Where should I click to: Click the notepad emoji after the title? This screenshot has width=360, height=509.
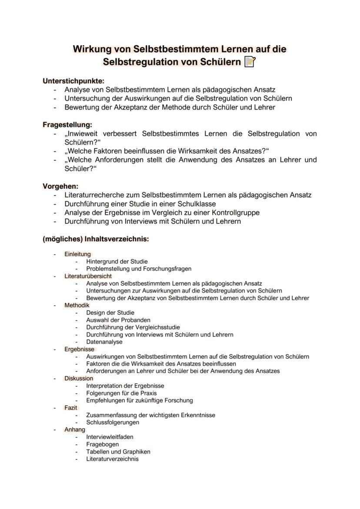tap(250, 62)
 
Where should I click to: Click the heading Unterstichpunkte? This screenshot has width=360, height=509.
tap(73, 80)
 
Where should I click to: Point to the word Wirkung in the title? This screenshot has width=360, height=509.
tap(92, 49)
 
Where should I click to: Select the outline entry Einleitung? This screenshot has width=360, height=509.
tap(77, 254)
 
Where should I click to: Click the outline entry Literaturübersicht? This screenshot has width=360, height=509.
tap(88, 276)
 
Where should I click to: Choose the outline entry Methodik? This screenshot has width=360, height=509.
tap(77, 305)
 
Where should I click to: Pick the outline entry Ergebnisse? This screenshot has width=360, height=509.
tap(79, 349)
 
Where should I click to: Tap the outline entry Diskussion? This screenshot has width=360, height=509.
tap(79, 378)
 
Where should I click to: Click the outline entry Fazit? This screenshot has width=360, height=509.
tap(71, 408)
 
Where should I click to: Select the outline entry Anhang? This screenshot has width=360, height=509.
tap(75, 429)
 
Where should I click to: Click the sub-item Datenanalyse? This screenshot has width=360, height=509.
tap(104, 342)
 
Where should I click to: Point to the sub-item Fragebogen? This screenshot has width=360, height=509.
tap(103, 444)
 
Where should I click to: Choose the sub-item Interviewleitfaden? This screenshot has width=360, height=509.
tap(110, 437)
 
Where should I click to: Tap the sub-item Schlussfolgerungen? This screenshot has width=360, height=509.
tap(113, 422)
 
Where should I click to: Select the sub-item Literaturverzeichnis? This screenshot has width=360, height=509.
tap(112, 459)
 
